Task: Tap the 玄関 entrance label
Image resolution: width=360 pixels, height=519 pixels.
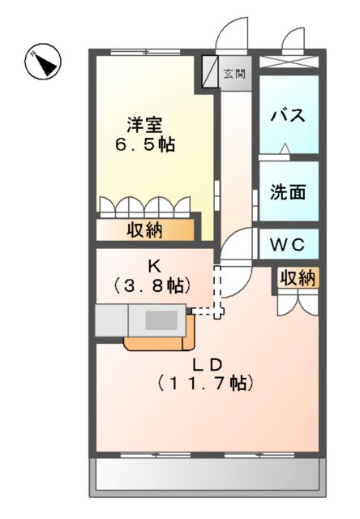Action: coord(234,74)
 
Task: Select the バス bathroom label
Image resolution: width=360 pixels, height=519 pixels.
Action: coord(288,114)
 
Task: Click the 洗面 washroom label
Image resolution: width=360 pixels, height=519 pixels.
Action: coord(288,192)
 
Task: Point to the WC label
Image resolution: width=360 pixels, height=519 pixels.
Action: coord(288,242)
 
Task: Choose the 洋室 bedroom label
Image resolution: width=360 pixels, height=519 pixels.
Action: coord(144,126)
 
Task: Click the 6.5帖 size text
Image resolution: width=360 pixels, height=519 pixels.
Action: coord(144,146)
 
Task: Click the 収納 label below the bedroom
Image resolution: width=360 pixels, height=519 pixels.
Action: coord(144,230)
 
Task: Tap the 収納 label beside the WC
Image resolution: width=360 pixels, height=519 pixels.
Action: coord(297,277)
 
